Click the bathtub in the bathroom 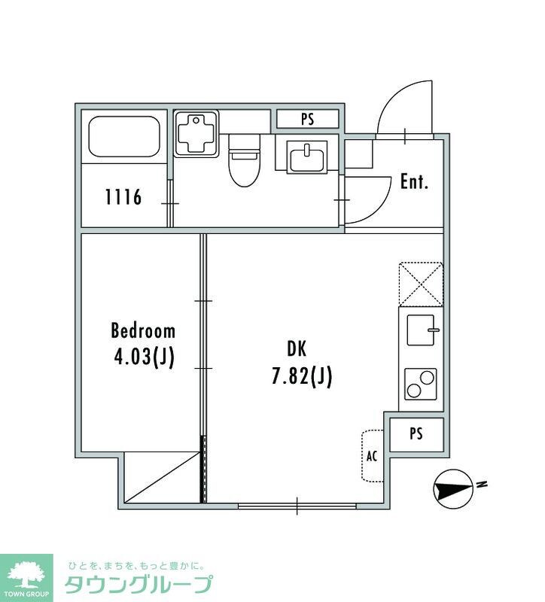(x=124, y=137)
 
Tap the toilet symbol (x=245, y=160)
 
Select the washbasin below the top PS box (x=306, y=157)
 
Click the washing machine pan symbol (x=196, y=134)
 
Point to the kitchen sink (x=422, y=330)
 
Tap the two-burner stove (x=421, y=384)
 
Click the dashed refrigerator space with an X (x=421, y=284)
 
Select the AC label (x=372, y=456)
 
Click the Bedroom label (x=143, y=331)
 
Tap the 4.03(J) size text (x=144, y=357)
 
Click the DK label (x=297, y=348)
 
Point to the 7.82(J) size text (x=302, y=375)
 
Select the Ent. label (x=414, y=181)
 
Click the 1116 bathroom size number (x=123, y=197)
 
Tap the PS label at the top (x=308, y=119)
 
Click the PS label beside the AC (x=416, y=433)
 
